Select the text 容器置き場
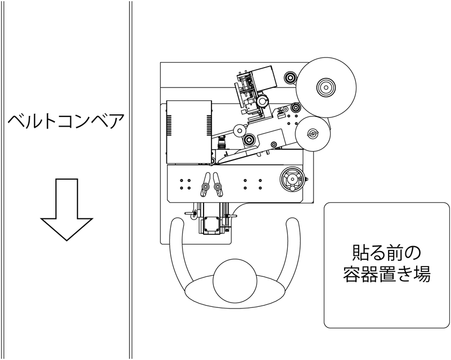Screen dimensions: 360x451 (386, 275)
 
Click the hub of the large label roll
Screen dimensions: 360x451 (326, 87)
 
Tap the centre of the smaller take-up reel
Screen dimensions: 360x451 (311, 134)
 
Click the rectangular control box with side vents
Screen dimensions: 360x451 (189, 131)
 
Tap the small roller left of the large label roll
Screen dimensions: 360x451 (290, 78)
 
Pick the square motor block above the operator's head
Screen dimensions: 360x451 (211, 224)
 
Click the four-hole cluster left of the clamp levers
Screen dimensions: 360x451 (185, 184)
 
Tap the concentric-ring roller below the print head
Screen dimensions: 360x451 (249, 141)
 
